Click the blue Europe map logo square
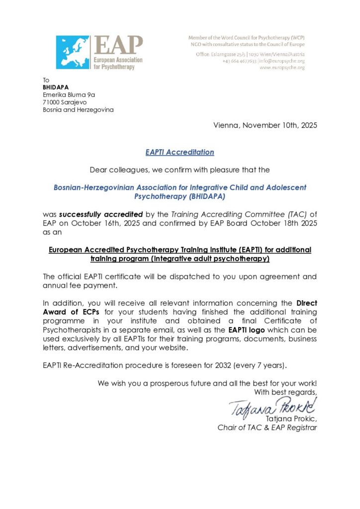[73, 52]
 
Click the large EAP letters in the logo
[118, 46]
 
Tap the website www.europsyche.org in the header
[282, 67]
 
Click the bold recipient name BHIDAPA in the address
[56, 87]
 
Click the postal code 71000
[53, 102]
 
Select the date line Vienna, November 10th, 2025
[265, 125]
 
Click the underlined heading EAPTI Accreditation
[180, 152]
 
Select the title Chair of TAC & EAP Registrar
[267, 427]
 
